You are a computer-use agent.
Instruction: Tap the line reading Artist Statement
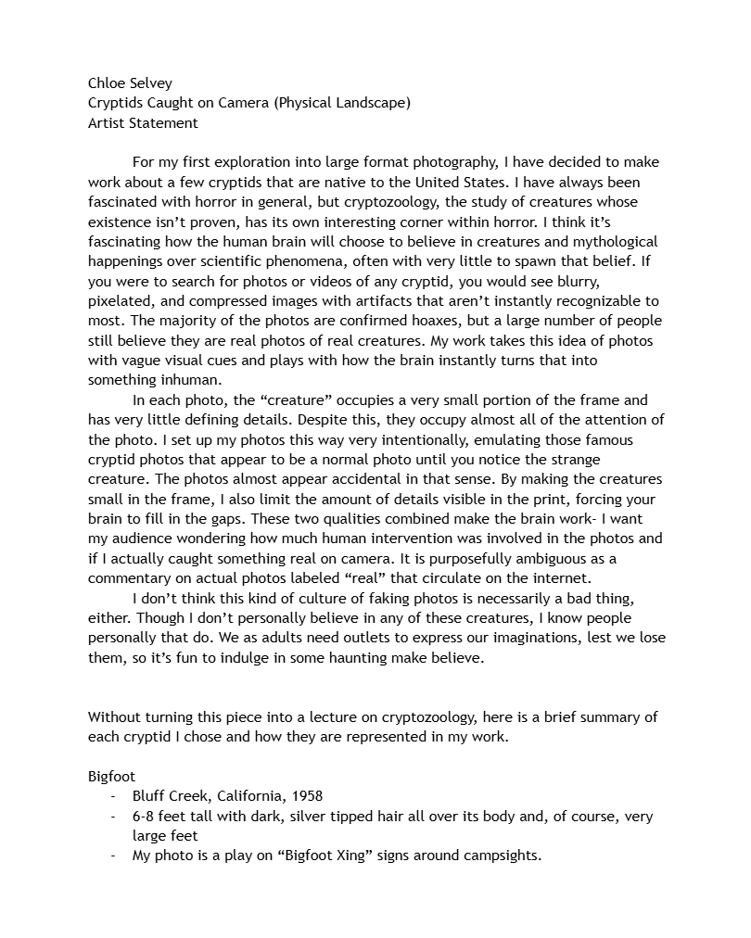(143, 121)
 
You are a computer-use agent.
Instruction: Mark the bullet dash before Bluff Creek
(113, 796)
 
